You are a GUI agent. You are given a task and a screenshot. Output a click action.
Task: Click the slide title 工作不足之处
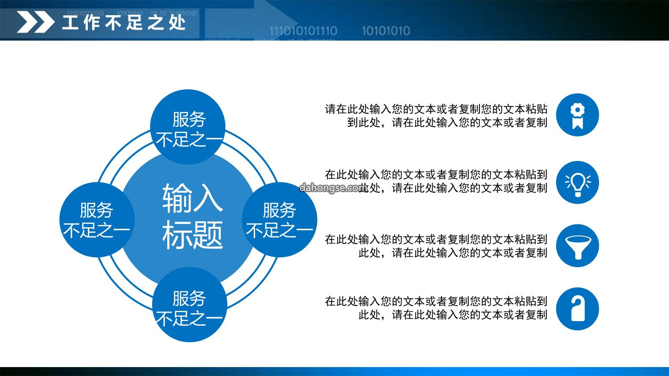124,22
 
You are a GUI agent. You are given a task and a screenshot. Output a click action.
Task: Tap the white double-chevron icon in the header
36,22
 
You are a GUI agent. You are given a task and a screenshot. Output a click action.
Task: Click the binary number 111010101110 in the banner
303,31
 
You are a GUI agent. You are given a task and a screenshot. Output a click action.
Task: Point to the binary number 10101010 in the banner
386,31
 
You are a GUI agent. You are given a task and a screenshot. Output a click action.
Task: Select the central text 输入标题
192,216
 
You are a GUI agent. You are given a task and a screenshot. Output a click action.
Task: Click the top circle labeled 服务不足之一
188,127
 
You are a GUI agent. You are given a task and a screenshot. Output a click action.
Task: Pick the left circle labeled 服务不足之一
97,219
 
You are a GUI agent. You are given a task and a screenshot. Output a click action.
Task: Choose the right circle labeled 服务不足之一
280,219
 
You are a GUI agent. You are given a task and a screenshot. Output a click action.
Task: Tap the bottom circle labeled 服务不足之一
190,304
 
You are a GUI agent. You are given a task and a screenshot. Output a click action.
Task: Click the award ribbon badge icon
577,115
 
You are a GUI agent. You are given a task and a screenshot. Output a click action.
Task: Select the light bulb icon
577,182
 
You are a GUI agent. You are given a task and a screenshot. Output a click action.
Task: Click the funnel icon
577,245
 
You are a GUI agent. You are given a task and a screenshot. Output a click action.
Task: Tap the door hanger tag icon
577,309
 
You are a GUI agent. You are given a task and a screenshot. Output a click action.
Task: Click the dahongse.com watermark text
333,187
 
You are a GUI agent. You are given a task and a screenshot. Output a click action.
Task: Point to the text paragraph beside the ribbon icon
436,116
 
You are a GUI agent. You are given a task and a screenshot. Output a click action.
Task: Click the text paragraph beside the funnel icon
436,246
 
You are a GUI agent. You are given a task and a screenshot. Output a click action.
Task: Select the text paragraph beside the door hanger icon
436,308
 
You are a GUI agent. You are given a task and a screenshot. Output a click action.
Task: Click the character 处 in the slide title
178,22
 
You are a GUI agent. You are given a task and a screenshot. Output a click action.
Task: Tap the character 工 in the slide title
70,22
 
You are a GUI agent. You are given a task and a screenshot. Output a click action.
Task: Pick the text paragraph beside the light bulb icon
436,181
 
